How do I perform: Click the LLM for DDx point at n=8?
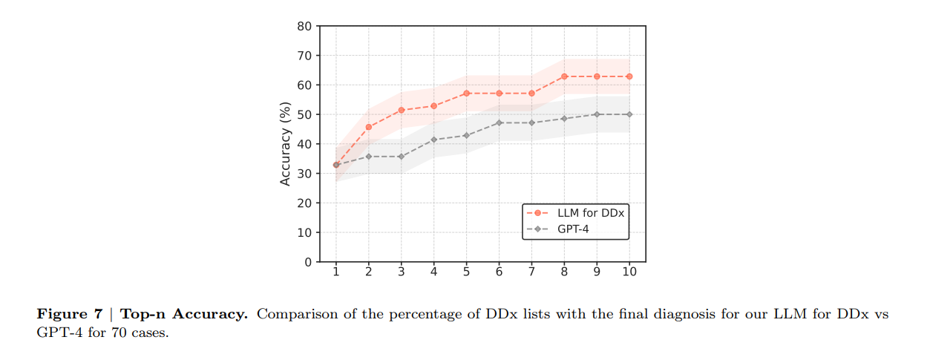(x=564, y=76)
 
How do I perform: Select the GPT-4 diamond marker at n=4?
(x=433, y=140)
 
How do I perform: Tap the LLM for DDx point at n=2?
(x=368, y=127)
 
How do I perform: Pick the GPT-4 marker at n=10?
(x=629, y=114)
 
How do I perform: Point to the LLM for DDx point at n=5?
(x=466, y=94)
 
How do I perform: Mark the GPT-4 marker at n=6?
(x=499, y=122)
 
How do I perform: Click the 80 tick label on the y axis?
(x=304, y=26)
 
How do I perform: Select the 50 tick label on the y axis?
(x=304, y=114)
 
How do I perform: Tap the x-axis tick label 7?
(x=531, y=272)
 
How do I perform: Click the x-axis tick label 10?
(x=629, y=272)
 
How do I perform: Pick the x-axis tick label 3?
(x=401, y=272)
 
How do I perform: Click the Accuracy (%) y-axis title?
(x=286, y=144)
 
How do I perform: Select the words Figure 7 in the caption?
(x=69, y=314)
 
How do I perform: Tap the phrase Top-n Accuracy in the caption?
(x=184, y=314)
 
